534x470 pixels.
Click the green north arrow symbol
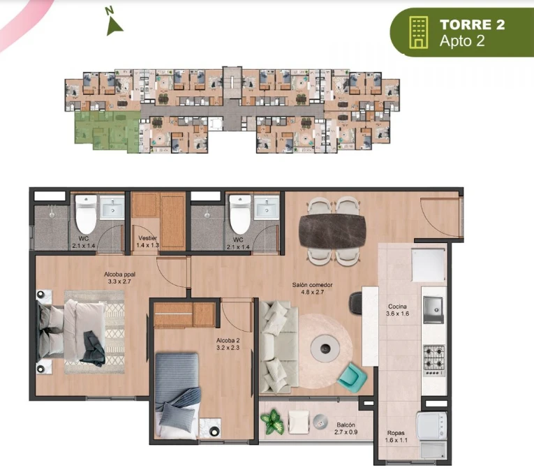click(114, 27)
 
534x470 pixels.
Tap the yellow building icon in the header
click(419, 32)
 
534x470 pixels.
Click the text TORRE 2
click(472, 24)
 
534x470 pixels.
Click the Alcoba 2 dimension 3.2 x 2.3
click(228, 348)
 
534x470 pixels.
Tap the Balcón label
click(346, 425)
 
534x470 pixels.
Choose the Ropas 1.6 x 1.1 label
click(396, 436)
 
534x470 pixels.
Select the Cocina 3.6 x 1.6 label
click(397, 310)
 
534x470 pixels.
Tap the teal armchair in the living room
click(352, 378)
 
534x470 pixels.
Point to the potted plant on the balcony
click(272, 422)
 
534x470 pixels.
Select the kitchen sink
click(433, 309)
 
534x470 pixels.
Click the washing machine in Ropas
click(432, 425)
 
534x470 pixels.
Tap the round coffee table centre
click(325, 348)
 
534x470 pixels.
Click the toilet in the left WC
click(86, 214)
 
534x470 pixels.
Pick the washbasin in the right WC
click(267, 207)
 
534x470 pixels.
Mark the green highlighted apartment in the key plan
click(107, 131)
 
